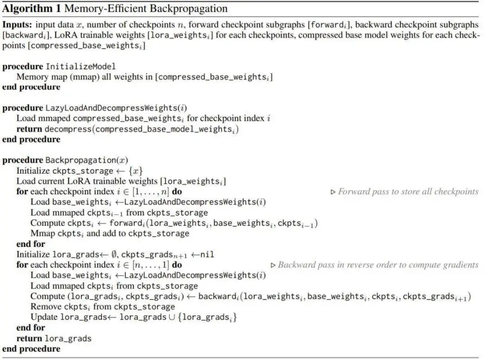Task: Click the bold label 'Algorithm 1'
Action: (28, 9)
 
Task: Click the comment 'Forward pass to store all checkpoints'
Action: (408, 192)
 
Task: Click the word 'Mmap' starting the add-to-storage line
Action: (42, 233)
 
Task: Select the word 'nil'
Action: (207, 254)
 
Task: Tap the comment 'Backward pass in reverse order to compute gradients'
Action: (377, 265)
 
